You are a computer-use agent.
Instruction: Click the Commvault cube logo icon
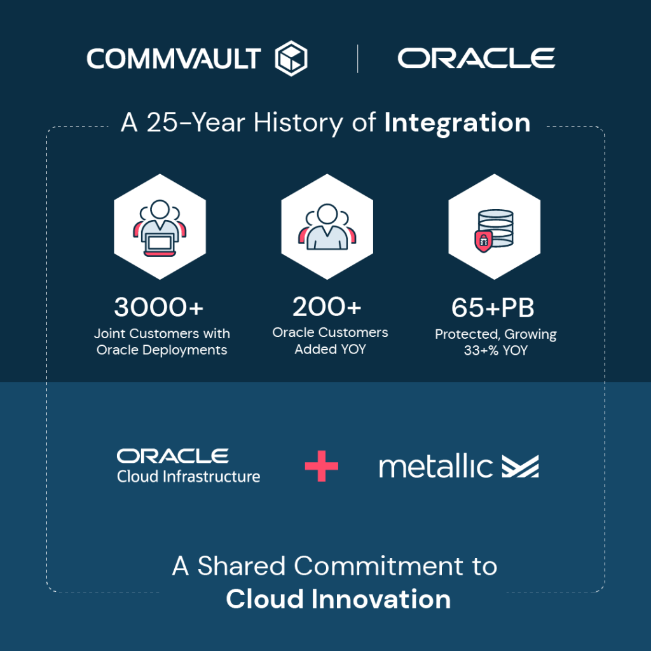pyautogui.click(x=291, y=58)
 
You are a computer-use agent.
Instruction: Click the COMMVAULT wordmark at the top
pyautogui.click(x=174, y=58)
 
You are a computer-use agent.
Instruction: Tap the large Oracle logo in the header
pyautogui.click(x=476, y=58)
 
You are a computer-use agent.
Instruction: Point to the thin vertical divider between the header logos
pyautogui.click(x=357, y=58)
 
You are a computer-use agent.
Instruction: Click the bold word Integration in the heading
pyautogui.click(x=457, y=123)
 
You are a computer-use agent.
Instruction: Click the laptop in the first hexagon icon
pyautogui.click(x=160, y=243)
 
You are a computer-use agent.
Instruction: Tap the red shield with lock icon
pyautogui.click(x=483, y=242)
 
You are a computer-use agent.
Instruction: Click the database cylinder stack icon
pyautogui.click(x=497, y=228)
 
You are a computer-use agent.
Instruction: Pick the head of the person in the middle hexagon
pyautogui.click(x=327, y=214)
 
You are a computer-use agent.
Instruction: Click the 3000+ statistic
pyautogui.click(x=159, y=307)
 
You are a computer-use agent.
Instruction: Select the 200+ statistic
pyautogui.click(x=327, y=307)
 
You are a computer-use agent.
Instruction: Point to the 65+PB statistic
pyautogui.click(x=493, y=308)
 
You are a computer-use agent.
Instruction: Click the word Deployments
pyautogui.click(x=184, y=350)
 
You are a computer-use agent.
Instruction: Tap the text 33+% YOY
pyautogui.click(x=496, y=350)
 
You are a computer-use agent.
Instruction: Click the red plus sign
pyautogui.click(x=321, y=466)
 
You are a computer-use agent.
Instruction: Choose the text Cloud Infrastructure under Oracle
pyautogui.click(x=188, y=477)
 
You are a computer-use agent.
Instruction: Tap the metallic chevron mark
pyautogui.click(x=520, y=466)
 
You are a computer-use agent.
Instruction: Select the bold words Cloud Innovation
pyautogui.click(x=338, y=599)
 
